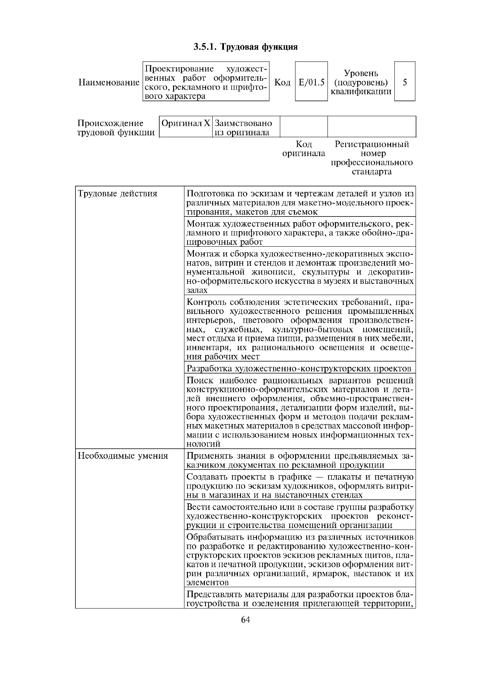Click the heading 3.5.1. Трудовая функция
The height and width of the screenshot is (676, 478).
tap(246, 47)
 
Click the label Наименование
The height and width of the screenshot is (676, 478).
tap(109, 83)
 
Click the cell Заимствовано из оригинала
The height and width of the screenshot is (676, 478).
tap(243, 128)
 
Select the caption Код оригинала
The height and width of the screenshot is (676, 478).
tap(304, 149)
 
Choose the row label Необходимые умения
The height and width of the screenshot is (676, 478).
tap(123, 456)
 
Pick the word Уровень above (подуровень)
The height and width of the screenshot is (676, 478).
tap(361, 73)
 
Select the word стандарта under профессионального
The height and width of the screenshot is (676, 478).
tap(372, 172)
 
